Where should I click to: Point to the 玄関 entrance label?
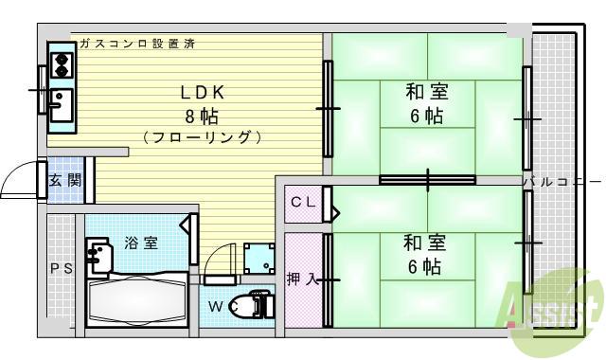(x=65, y=180)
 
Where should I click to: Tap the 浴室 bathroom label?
(x=141, y=243)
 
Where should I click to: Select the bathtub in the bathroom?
(x=138, y=299)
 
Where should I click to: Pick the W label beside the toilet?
(x=215, y=306)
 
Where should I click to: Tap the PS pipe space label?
(x=60, y=268)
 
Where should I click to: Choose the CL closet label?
(x=302, y=201)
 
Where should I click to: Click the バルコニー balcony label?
(x=562, y=180)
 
